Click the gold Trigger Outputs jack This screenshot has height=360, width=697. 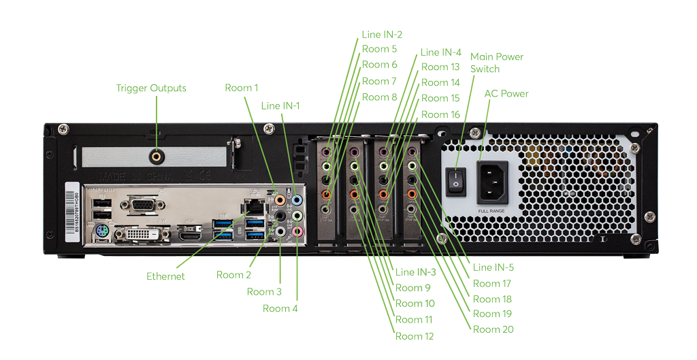click(157, 156)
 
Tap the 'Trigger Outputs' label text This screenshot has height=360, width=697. click(151, 88)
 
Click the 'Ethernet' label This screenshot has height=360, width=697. click(165, 276)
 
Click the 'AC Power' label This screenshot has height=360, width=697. click(506, 94)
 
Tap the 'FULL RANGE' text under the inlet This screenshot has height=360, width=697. click(491, 211)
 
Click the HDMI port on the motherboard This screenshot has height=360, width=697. click(190, 235)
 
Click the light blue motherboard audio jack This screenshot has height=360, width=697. click(296, 201)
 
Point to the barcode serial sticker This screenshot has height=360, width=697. click(69, 210)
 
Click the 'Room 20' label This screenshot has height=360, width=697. click(493, 329)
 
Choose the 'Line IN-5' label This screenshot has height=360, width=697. click(493, 267)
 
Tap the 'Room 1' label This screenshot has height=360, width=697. click(242, 88)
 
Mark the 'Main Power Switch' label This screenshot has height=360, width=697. click(496, 63)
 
